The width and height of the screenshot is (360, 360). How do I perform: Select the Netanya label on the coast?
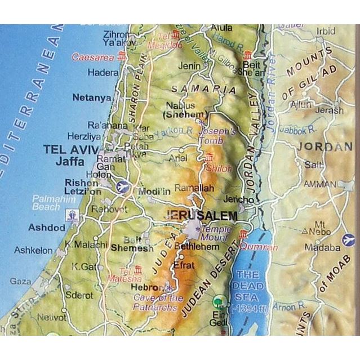(92, 98)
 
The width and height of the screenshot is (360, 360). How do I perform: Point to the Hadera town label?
(103, 73)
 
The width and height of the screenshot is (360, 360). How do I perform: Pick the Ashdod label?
(47, 228)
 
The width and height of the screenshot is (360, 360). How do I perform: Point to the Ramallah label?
(194, 188)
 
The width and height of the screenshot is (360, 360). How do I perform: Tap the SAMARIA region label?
(203, 90)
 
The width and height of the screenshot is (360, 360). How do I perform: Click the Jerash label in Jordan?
(329, 110)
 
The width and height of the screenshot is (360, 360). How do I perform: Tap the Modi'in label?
(154, 192)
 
